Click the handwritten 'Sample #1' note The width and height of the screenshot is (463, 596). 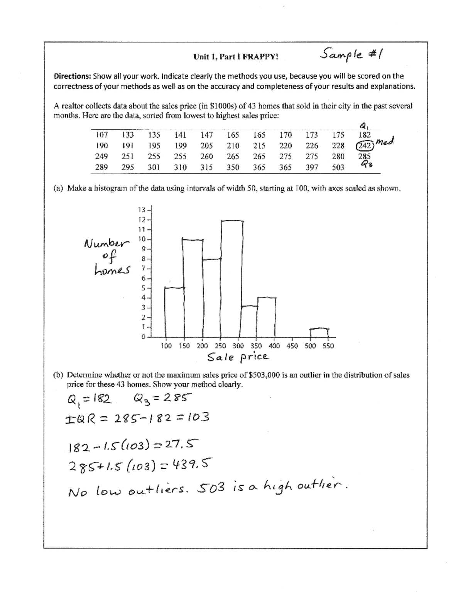coord(353,54)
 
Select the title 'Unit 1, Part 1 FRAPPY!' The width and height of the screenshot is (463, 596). coord(235,57)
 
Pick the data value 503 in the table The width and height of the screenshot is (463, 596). coord(338,167)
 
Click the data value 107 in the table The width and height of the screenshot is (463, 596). coord(102,135)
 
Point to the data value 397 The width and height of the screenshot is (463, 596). coord(312,167)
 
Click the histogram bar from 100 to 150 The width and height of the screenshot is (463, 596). coord(174,312)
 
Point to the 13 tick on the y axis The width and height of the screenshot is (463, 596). coord(142,210)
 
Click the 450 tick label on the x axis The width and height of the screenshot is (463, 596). coord(292,346)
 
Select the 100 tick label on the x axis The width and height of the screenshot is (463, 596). coord(166,346)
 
